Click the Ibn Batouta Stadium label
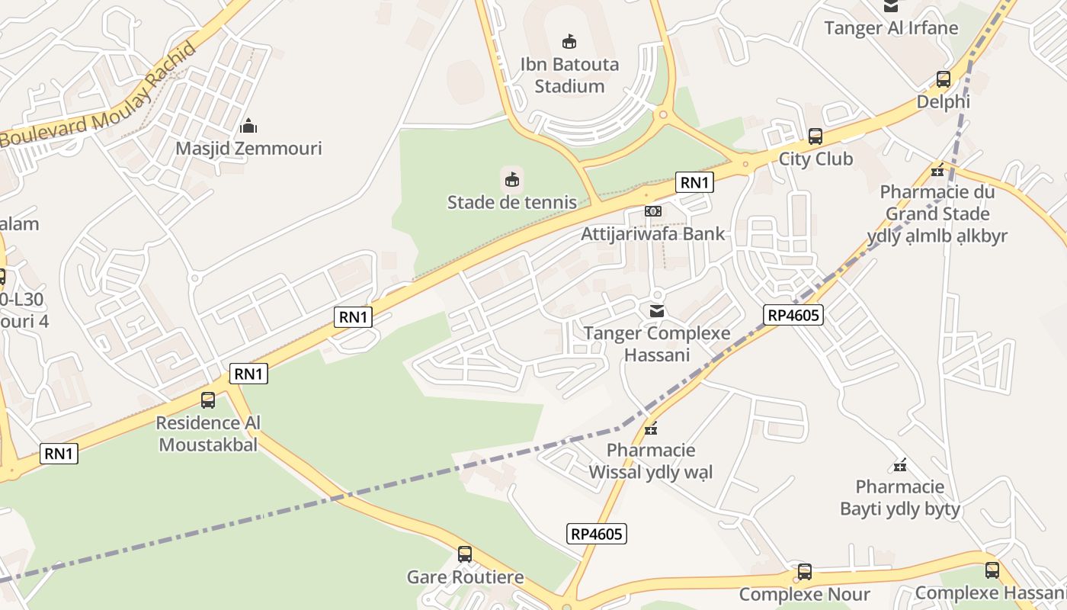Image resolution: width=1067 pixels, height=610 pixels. (569, 75)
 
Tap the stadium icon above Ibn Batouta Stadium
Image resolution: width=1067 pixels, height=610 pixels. (569, 41)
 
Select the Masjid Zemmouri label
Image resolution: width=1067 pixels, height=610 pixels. (248, 148)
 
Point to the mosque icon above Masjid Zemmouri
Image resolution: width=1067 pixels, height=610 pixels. (248, 126)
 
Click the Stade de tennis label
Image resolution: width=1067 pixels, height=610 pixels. (512, 202)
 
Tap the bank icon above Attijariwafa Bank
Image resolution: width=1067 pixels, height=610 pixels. (653, 211)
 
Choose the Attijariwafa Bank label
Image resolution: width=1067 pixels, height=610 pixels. (653, 233)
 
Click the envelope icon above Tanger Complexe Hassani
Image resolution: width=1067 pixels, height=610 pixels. (656, 310)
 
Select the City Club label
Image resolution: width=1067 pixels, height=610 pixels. (815, 159)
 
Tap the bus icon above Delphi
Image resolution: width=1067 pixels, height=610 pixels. (944, 79)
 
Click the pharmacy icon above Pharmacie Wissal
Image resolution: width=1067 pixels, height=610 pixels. (650, 429)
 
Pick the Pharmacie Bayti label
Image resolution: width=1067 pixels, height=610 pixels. (900, 497)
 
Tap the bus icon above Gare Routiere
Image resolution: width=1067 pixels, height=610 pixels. (465, 554)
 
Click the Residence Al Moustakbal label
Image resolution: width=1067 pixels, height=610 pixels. (208, 433)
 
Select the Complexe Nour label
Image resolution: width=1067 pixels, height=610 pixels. (805, 594)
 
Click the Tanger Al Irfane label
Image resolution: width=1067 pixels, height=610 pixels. (891, 28)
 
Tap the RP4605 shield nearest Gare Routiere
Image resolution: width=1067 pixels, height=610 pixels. (597, 534)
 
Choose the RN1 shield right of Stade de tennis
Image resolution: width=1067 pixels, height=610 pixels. (694, 182)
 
